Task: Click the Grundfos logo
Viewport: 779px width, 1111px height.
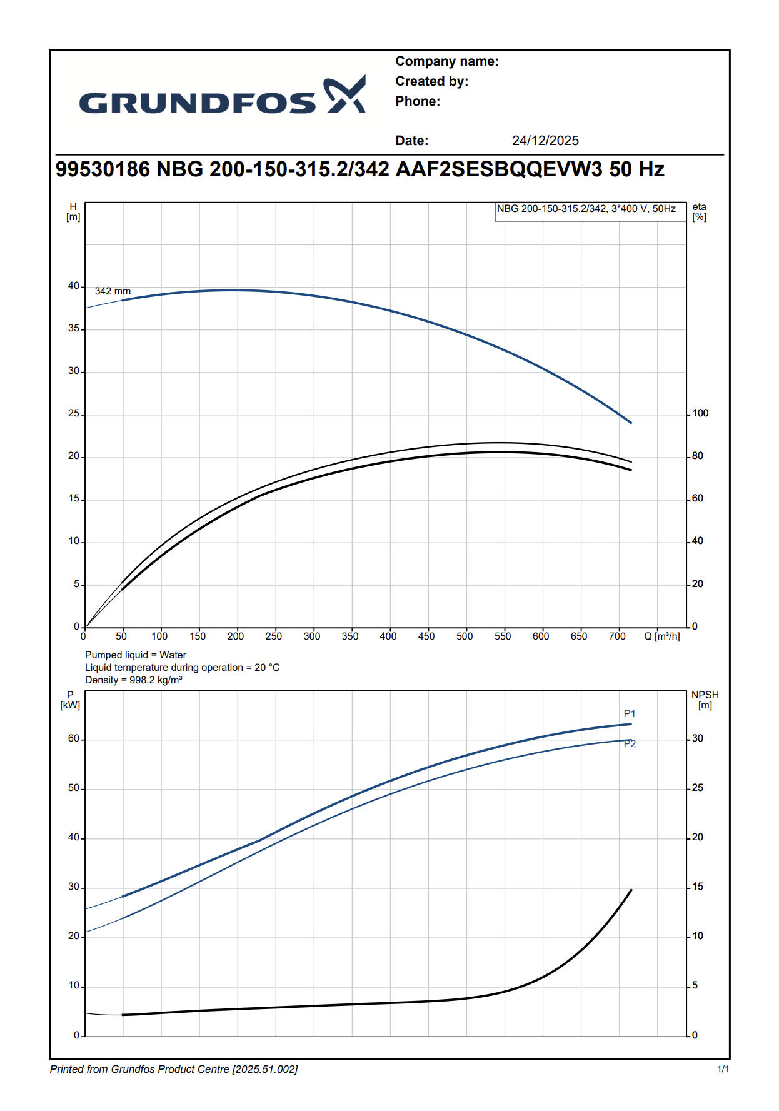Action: (x=222, y=97)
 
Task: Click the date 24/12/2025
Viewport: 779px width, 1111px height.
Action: (x=545, y=141)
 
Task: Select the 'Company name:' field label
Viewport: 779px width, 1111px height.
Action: (x=447, y=61)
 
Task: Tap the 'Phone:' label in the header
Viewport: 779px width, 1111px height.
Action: (x=418, y=101)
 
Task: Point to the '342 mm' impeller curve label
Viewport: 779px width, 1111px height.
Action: (x=113, y=291)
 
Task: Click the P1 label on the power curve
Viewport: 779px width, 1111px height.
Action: (x=630, y=714)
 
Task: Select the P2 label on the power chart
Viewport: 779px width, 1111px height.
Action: (x=630, y=744)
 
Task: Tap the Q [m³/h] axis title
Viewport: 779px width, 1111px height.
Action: (x=662, y=636)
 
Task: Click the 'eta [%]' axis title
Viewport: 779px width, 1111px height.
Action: (x=699, y=212)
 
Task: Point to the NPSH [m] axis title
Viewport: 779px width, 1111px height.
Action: (x=705, y=700)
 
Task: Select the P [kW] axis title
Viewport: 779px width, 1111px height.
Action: (x=70, y=700)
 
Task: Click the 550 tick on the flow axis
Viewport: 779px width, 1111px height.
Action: (x=503, y=636)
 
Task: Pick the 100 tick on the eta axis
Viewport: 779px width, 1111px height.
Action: (x=700, y=413)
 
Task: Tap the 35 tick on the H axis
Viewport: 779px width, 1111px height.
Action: (x=74, y=328)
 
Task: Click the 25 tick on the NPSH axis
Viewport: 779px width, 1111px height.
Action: (x=698, y=788)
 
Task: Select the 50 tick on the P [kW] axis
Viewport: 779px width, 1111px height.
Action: (x=74, y=788)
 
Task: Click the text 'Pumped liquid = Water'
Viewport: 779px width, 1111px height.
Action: (x=136, y=655)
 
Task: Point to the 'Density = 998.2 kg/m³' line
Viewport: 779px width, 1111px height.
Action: (x=134, y=680)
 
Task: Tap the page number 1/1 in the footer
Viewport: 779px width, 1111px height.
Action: (x=723, y=1069)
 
